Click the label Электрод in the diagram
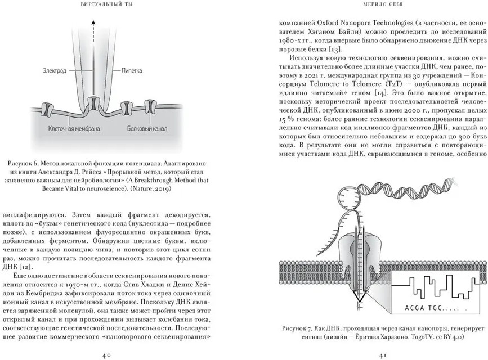55,71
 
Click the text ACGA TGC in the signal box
423,308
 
